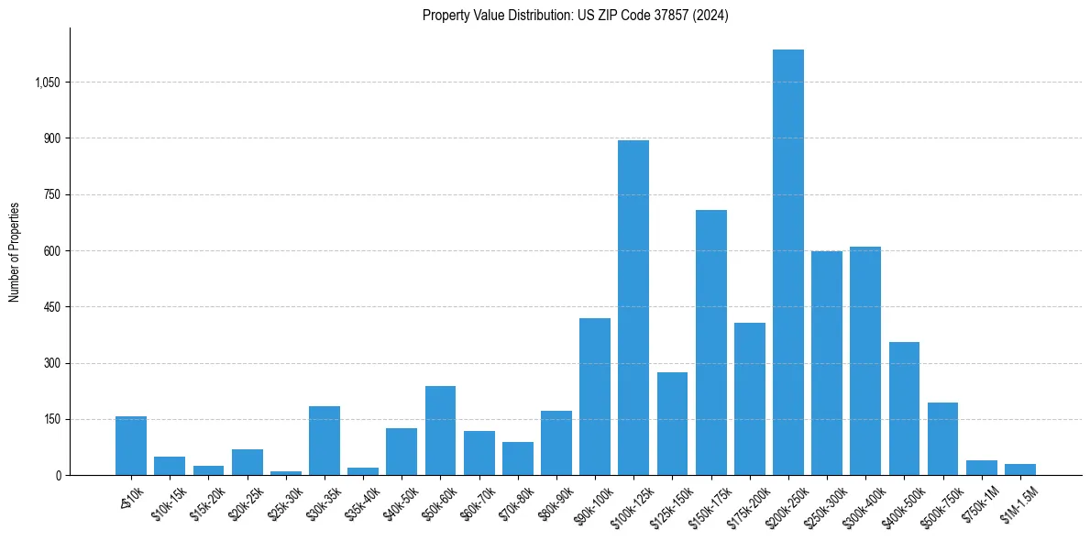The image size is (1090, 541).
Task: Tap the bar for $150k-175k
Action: click(710, 343)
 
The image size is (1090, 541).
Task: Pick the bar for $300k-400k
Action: click(865, 361)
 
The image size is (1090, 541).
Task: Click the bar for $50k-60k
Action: click(440, 431)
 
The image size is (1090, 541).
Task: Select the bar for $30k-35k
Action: click(325, 441)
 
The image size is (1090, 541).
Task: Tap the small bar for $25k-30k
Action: click(286, 472)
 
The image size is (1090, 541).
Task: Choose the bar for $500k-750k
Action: click(942, 439)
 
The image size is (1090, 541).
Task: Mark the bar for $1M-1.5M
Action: click(1019, 469)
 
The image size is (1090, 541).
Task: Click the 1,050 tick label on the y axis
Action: click(47, 83)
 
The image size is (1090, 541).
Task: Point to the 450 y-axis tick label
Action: click(52, 307)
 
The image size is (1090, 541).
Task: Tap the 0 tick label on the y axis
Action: click(58, 476)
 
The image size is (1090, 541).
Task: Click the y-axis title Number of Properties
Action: click(14, 251)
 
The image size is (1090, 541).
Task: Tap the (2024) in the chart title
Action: click(711, 16)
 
